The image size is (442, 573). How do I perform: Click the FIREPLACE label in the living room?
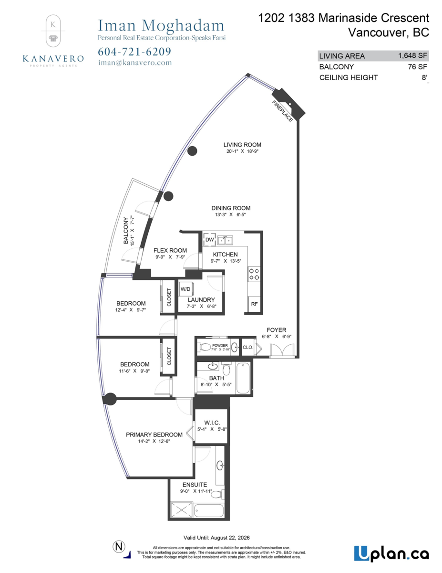click(282, 112)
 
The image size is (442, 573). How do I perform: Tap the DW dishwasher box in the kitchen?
click(209, 240)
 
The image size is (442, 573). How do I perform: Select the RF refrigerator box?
click(254, 304)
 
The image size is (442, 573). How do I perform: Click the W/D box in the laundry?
click(185, 289)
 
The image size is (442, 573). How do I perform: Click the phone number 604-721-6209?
click(134, 52)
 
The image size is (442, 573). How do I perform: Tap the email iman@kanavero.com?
click(134, 63)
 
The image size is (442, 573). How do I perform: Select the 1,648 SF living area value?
click(410, 56)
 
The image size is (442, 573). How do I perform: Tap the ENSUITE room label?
click(195, 485)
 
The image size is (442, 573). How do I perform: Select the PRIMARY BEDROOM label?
click(154, 435)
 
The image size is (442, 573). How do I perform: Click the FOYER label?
click(276, 330)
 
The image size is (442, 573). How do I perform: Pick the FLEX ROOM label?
click(170, 250)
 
